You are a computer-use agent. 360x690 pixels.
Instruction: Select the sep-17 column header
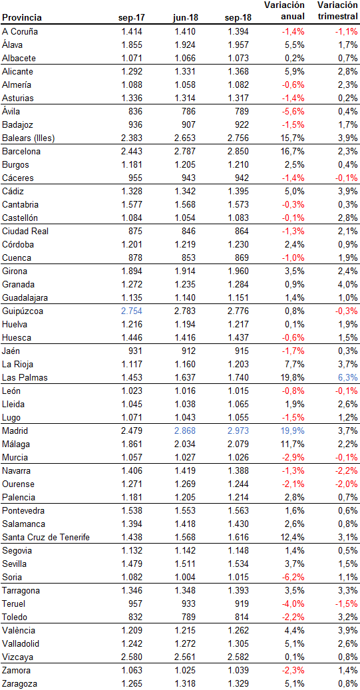pos(132,18)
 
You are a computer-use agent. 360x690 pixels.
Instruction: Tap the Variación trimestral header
pos(338,11)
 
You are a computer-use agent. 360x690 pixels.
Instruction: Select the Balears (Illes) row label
pos(28,138)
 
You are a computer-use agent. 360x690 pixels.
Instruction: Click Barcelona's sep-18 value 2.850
pos(237,152)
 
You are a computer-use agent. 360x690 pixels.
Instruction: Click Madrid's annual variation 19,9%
pos(292,431)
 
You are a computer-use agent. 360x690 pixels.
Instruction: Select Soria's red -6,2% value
pos(293,577)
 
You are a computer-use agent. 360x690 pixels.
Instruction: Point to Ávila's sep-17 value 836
pos(137,111)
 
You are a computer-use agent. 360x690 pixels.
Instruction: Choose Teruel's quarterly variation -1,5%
pos(346,604)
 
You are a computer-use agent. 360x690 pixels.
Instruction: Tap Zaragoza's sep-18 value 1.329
pos(237,683)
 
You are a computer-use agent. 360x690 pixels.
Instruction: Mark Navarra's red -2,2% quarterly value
pos(346,470)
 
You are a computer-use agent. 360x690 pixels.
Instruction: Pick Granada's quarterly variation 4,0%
pos(347,284)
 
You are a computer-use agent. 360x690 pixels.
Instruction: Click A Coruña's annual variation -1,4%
pos(293,32)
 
